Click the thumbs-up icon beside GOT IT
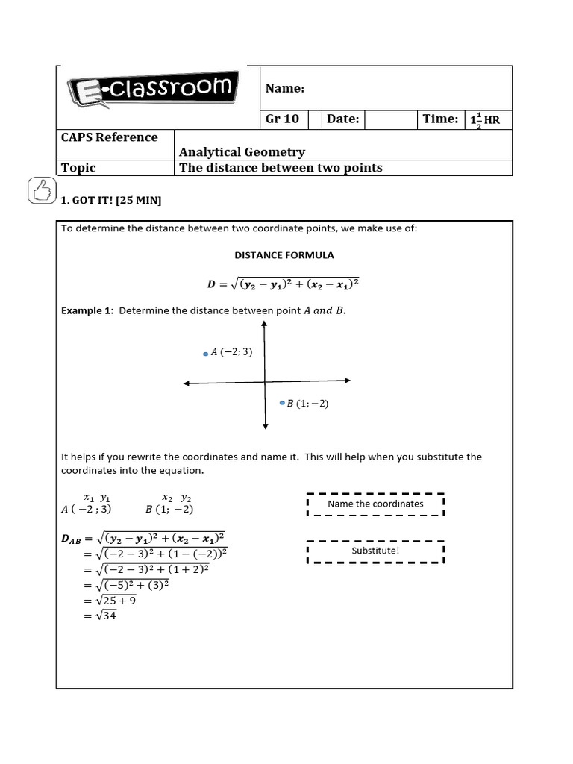pyautogui.click(x=40, y=191)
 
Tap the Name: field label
pyautogui.click(x=285, y=89)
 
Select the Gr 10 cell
pyautogui.click(x=282, y=119)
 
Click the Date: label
pyautogui.click(x=343, y=119)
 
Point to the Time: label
pyautogui.click(x=440, y=119)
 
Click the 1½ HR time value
pyautogui.click(x=485, y=120)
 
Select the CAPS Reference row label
pyautogui.click(x=109, y=137)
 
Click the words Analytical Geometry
pyautogui.click(x=242, y=152)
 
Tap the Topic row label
pyautogui.click(x=78, y=168)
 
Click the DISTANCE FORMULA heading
pyautogui.click(x=284, y=255)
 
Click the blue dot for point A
pyautogui.click(x=206, y=354)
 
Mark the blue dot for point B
pyautogui.click(x=282, y=403)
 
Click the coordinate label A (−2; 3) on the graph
pyautogui.click(x=232, y=352)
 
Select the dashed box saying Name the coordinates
pyautogui.click(x=375, y=504)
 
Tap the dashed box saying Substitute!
pyautogui.click(x=375, y=551)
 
